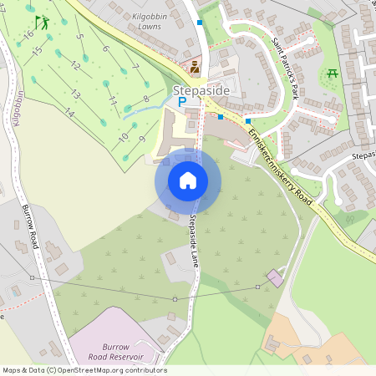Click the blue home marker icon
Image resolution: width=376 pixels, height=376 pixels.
[x=188, y=180]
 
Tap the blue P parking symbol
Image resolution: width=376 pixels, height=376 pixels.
[x=180, y=102]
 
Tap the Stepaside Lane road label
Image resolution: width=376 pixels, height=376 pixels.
[x=193, y=238]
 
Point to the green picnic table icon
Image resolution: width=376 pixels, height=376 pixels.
[x=333, y=74]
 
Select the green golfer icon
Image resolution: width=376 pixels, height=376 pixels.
[x=43, y=23]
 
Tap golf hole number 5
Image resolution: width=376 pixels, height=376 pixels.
[x=79, y=37]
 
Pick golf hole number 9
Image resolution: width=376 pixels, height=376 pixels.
[x=142, y=138]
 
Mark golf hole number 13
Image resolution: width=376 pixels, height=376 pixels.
[x=75, y=94]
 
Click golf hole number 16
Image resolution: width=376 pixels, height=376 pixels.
[x=28, y=34]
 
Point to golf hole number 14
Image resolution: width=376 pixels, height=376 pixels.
[x=69, y=113]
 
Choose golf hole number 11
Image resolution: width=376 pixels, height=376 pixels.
[x=113, y=100]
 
